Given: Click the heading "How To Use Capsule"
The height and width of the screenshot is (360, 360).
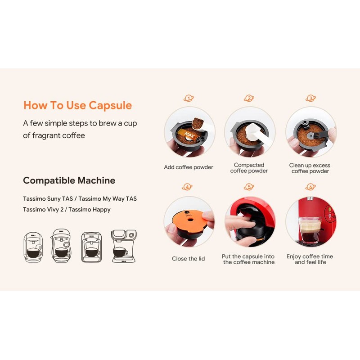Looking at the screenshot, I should [x=77, y=105].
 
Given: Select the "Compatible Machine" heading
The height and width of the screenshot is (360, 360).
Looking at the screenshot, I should [x=69, y=180].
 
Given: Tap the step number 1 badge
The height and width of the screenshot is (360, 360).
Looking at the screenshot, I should [x=189, y=98].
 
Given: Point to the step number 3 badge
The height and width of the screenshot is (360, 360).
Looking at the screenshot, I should [x=310, y=98].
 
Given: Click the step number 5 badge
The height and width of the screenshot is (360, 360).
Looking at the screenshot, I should [x=249, y=187].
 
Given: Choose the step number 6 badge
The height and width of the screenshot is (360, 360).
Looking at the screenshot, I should [x=310, y=187].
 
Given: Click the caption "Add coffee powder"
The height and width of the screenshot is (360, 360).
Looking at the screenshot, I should [x=189, y=167].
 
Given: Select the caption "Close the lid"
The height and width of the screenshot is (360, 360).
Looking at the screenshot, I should [x=189, y=259].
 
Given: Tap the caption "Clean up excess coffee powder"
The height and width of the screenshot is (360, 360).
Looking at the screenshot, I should [x=310, y=168].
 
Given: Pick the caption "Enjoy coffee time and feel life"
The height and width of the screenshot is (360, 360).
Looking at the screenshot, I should [x=310, y=259].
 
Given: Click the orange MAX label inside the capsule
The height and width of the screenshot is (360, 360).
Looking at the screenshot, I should [x=188, y=134].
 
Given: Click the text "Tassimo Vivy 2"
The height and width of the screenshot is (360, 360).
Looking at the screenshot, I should [x=43, y=209].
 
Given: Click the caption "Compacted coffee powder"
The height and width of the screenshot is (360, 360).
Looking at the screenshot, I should [x=249, y=168].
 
